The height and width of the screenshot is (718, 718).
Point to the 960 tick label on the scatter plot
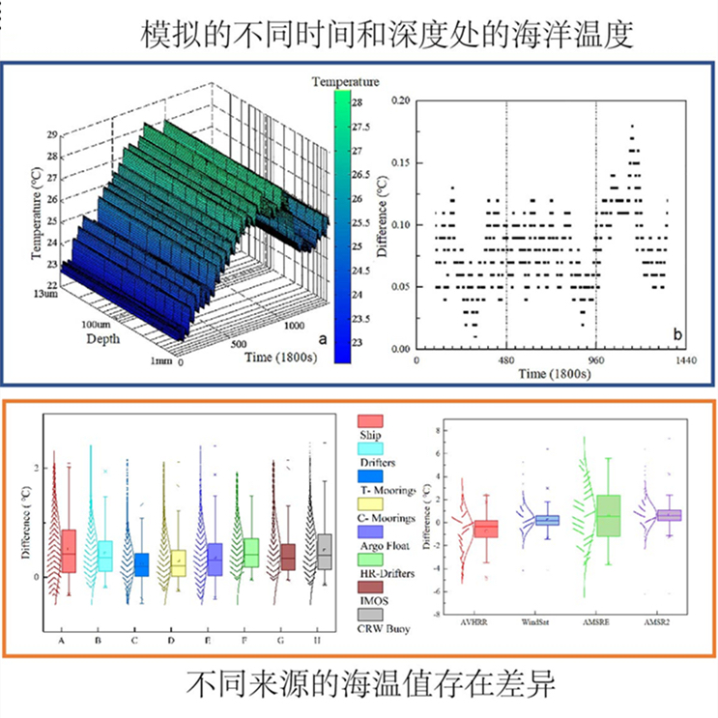click(x=596, y=359)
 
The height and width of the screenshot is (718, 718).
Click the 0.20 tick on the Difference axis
click(x=399, y=100)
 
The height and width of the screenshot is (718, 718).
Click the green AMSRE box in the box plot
click(x=610, y=516)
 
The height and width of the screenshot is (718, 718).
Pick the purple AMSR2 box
click(x=669, y=515)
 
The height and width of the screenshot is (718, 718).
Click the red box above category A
click(x=68, y=551)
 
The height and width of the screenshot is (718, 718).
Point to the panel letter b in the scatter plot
click(x=677, y=333)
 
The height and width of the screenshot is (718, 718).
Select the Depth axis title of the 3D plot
click(x=103, y=339)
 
